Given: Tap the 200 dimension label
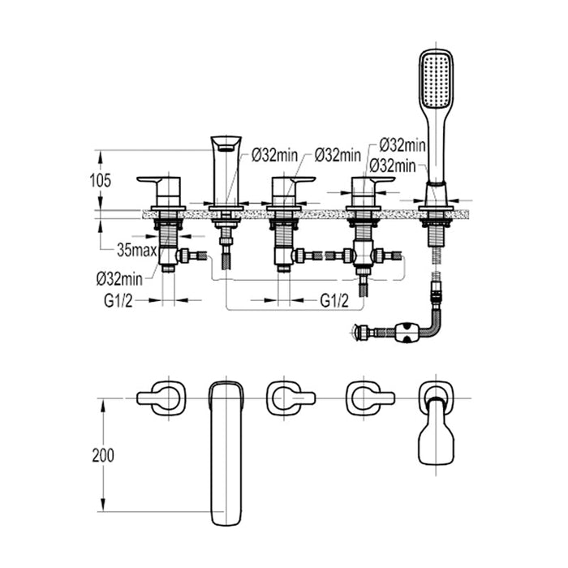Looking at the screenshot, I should [104, 455].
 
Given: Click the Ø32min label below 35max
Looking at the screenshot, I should [121, 278].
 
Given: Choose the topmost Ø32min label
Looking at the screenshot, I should [402, 146].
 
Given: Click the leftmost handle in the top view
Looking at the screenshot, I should [161, 398].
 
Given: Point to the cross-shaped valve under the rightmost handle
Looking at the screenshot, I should [363, 256].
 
